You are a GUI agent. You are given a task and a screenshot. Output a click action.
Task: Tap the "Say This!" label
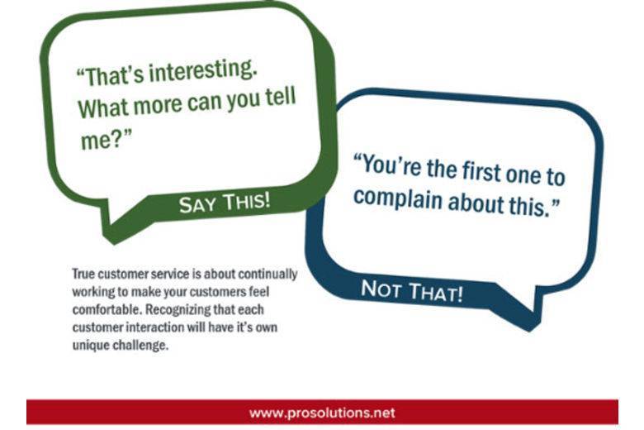pos(225,203)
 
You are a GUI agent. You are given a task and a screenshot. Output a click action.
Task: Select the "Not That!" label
pos(411,290)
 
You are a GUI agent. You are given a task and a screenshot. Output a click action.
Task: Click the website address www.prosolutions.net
pos(322,412)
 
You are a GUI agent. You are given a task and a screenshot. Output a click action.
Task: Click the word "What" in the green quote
pos(102,108)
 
